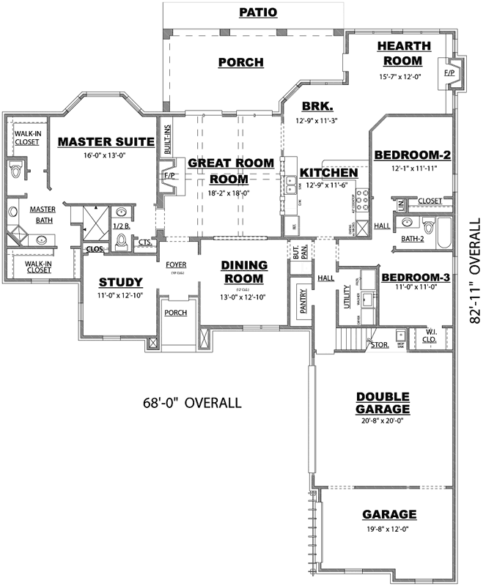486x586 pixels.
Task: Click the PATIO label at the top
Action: (x=258, y=12)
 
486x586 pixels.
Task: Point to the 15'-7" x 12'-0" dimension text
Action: (x=400, y=76)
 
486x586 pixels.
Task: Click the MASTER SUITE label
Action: (x=106, y=141)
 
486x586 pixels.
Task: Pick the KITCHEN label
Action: (x=328, y=173)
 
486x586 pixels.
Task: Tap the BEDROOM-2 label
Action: (x=412, y=155)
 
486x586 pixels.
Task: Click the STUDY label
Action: (x=120, y=281)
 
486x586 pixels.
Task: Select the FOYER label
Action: (x=175, y=264)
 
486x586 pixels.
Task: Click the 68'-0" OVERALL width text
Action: (x=191, y=403)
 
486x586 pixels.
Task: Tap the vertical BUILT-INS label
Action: (x=167, y=137)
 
